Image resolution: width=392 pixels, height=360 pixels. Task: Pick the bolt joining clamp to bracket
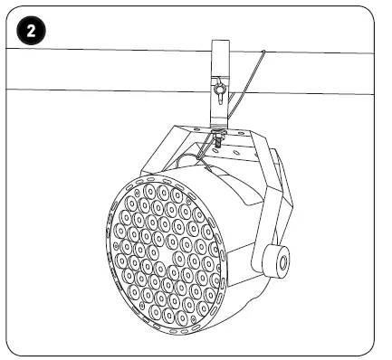click(x=220, y=138)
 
